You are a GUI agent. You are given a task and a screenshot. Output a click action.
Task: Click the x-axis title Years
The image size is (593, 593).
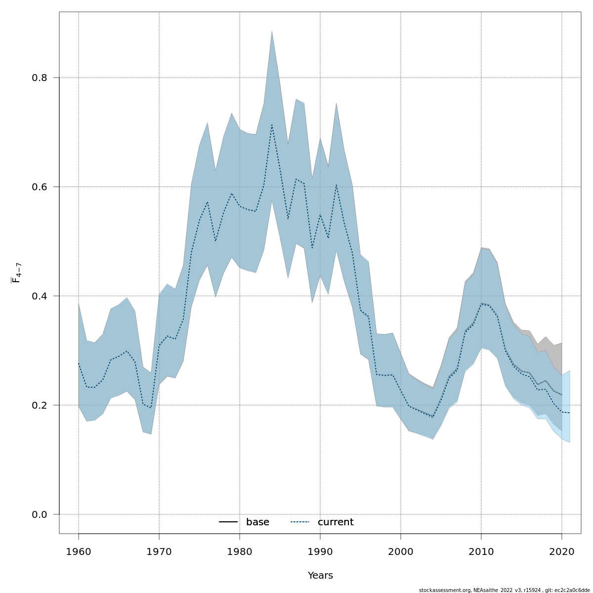tap(320, 576)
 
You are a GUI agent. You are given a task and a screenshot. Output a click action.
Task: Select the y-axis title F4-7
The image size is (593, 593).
tap(16, 273)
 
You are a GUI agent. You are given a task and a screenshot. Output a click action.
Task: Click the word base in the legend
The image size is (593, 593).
tap(257, 522)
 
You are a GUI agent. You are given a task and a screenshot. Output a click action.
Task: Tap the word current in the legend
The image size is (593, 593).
tap(336, 522)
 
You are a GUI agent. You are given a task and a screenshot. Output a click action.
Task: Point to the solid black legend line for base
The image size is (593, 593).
tap(229, 522)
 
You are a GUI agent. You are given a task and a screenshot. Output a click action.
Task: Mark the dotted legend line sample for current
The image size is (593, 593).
tap(300, 522)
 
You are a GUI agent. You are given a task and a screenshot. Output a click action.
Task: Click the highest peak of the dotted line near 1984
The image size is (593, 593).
tap(272, 125)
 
